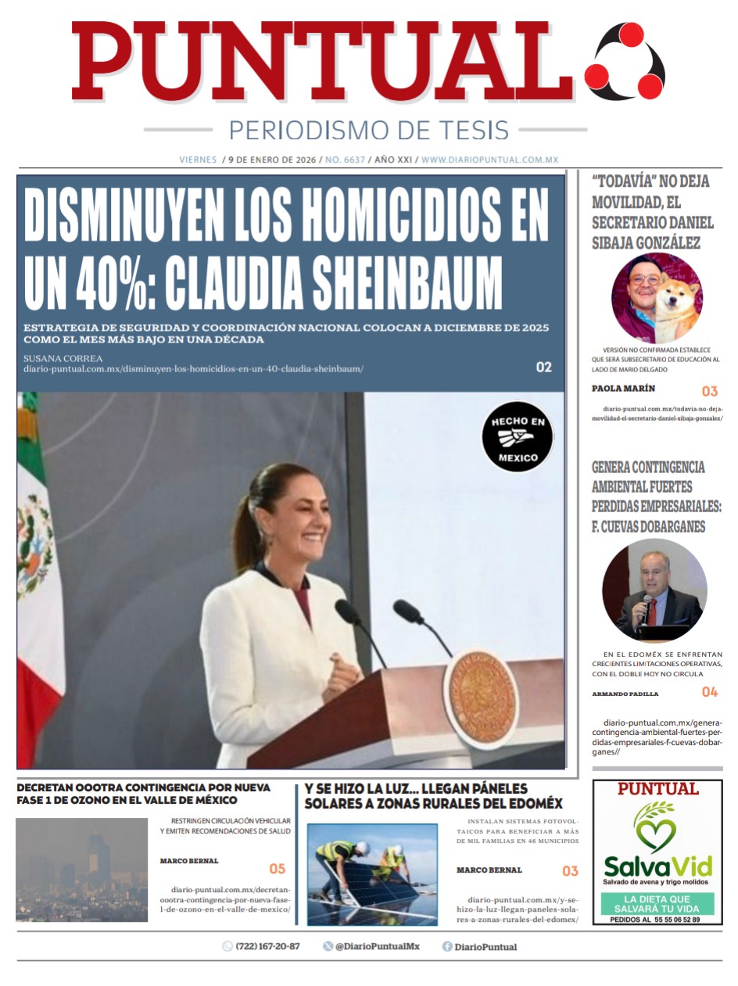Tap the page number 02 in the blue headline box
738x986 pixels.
[544, 367]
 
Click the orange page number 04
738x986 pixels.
[709, 692]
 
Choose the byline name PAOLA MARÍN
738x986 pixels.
[623, 389]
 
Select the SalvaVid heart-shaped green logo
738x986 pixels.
[656, 827]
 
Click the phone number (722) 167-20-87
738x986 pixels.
[267, 946]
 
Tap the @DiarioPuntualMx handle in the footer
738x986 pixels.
[377, 946]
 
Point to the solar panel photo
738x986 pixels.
[372, 874]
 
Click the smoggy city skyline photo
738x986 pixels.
[81, 870]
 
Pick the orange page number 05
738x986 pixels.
[277, 869]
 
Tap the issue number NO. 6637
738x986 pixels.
[345, 160]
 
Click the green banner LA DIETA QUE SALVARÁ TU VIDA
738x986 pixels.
[657, 904]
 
